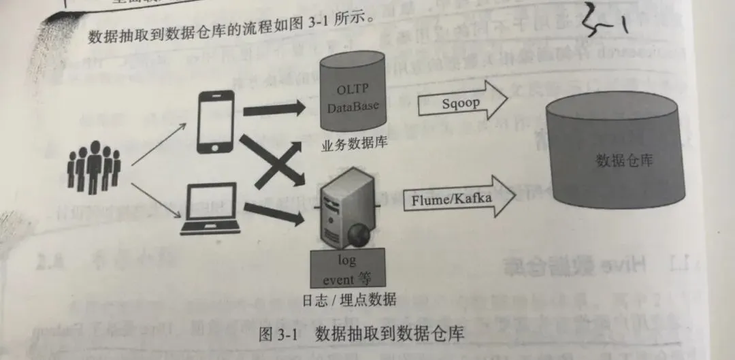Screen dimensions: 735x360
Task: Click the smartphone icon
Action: coord(215,122)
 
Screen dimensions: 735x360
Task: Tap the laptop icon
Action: coord(211,208)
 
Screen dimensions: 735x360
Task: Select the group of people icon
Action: coord(94,167)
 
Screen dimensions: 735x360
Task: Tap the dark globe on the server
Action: coord(359,235)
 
